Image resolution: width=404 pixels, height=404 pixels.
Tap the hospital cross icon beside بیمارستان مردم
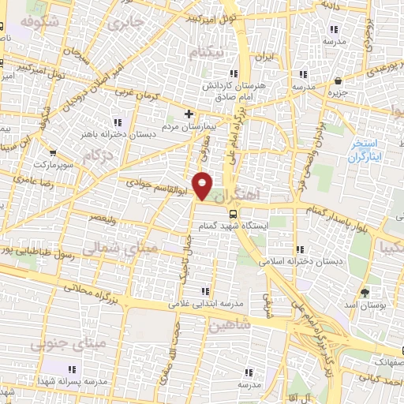coord(189,114)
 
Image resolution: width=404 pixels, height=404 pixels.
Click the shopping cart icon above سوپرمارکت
coord(52,153)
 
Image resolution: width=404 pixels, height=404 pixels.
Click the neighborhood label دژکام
coord(95,155)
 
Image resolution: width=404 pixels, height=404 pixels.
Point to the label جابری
coord(129,24)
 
